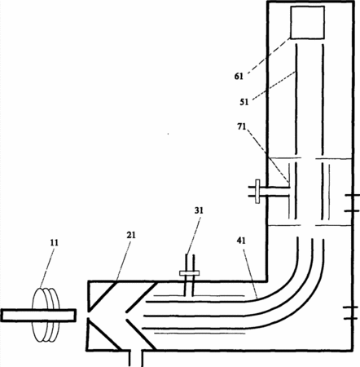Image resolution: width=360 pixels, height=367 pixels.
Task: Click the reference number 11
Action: point(55,242)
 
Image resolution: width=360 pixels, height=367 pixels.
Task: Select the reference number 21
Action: point(131,235)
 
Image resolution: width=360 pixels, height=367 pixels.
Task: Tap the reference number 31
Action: point(199,210)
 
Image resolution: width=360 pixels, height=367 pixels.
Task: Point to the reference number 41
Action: point(241,241)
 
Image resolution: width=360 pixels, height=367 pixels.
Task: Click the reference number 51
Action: point(244,102)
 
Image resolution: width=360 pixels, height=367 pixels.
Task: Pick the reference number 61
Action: point(239,77)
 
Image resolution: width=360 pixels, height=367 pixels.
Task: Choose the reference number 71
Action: point(241,126)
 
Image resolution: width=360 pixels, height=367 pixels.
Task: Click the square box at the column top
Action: point(307,22)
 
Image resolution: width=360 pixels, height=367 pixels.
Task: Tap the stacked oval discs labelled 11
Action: point(46,315)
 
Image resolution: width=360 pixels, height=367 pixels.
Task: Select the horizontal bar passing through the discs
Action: point(38,316)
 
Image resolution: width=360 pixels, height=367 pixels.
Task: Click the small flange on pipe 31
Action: point(189,272)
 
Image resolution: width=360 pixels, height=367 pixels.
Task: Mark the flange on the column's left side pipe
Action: point(257,192)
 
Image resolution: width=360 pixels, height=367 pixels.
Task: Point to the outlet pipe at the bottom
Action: point(135,358)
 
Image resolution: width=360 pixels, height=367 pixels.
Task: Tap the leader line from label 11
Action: point(48,268)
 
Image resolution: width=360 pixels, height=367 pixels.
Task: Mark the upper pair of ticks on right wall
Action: point(352,203)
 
